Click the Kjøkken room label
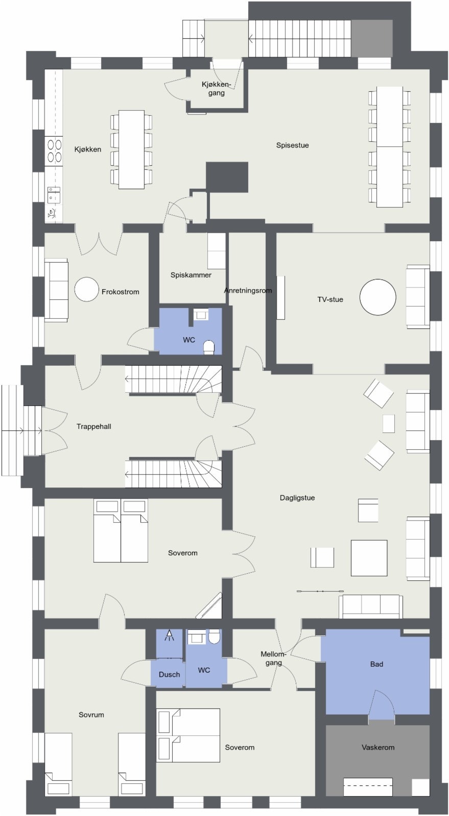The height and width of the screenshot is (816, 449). point(88,149)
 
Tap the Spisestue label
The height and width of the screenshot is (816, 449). point(292,145)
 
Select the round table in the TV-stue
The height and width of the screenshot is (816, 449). point(377,297)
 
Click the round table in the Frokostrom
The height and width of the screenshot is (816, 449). point(86,289)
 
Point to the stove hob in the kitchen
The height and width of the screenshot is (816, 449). point(54,150)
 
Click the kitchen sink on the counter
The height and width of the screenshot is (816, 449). point(53,194)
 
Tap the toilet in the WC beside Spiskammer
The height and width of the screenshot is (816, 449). point(208,347)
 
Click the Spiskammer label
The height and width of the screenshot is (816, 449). point(191,275)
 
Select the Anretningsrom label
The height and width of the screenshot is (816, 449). point(248,291)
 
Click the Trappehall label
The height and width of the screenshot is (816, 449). point(93,426)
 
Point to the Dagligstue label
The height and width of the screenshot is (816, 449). point(297,498)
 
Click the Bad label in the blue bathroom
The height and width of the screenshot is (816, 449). point(376,664)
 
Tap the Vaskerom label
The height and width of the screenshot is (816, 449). point(378,747)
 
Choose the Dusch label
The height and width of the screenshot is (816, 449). point(169,674)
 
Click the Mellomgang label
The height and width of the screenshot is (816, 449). point(274,658)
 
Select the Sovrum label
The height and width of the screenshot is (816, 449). point(91,715)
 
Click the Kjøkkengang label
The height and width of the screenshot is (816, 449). point(216,89)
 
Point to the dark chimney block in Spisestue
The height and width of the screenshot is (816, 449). point(227,177)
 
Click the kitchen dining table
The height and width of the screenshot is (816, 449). point(131,149)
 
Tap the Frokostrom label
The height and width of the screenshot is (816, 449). point(121,292)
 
